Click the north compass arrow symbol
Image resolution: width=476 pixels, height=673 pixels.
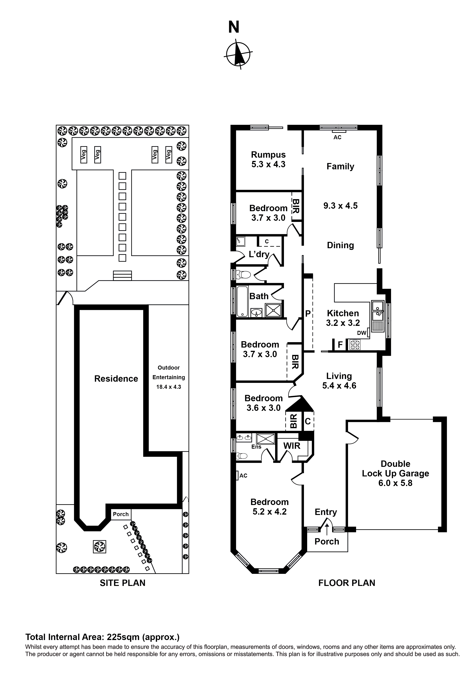(x=239, y=54)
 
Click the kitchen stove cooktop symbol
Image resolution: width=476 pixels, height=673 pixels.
(x=355, y=345)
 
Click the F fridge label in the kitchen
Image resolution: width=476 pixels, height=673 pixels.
(x=340, y=345)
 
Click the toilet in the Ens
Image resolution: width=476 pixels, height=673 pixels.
(x=242, y=456)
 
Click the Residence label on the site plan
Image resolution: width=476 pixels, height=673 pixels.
(x=116, y=379)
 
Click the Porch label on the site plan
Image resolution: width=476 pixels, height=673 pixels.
(x=120, y=514)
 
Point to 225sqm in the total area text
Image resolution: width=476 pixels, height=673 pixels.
(x=123, y=637)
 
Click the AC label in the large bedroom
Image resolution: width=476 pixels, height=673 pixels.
(x=243, y=476)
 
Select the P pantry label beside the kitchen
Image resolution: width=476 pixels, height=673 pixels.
(x=308, y=314)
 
